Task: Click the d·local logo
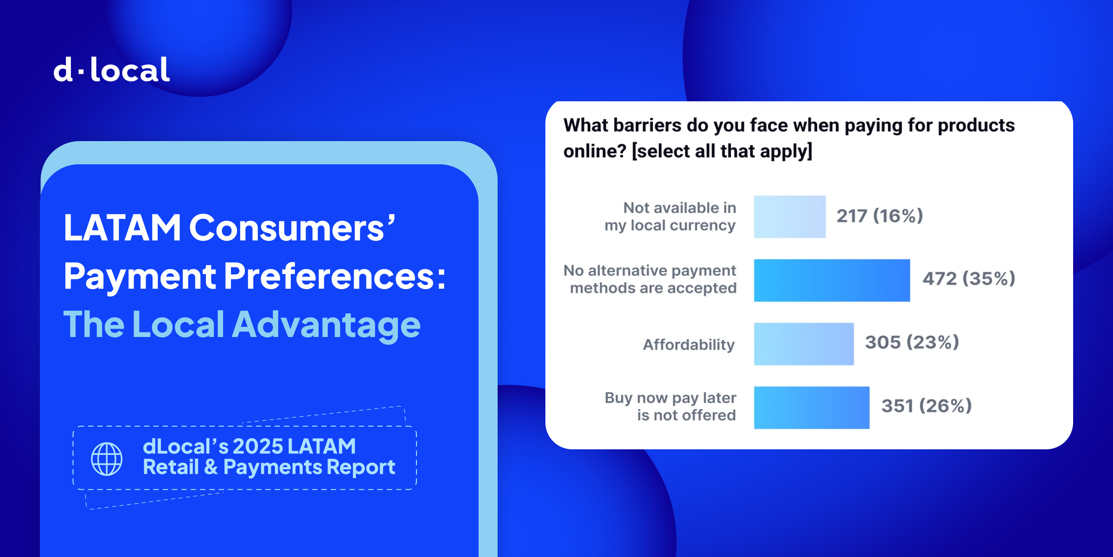click(x=112, y=70)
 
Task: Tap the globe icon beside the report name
click(x=107, y=459)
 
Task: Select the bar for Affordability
click(x=804, y=344)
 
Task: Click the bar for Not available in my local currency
click(x=790, y=217)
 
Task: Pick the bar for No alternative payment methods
click(x=832, y=280)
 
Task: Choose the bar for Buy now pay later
click(x=812, y=408)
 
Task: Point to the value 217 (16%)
click(x=880, y=216)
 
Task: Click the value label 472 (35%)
click(x=969, y=278)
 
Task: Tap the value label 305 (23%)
click(x=912, y=342)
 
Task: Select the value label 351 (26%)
click(x=926, y=406)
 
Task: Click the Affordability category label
click(x=689, y=345)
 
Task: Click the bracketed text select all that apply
click(x=722, y=151)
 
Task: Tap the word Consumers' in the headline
click(x=292, y=228)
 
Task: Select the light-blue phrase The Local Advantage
click(x=242, y=324)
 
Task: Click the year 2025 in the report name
click(x=257, y=447)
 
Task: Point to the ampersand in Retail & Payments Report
click(x=211, y=467)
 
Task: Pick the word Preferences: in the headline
click(x=335, y=277)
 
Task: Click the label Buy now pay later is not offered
click(x=670, y=406)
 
